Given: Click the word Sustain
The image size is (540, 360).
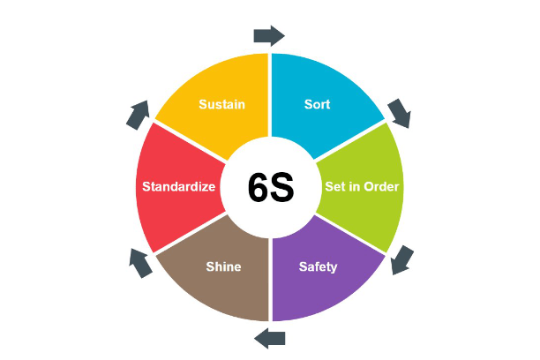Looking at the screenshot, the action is (x=221, y=104).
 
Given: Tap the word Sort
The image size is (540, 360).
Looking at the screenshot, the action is (x=317, y=104).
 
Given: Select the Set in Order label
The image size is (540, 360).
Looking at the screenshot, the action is (x=362, y=186).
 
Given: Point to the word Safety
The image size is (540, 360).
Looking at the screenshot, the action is (x=318, y=266).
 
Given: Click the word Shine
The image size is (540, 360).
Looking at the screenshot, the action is (x=222, y=266).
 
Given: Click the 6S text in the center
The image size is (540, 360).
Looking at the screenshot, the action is (x=270, y=188).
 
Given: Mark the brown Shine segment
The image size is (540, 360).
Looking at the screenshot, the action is (x=216, y=287).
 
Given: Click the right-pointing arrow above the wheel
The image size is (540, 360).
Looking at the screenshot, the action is (x=269, y=35).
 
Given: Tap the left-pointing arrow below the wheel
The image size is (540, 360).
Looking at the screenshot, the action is (x=270, y=336).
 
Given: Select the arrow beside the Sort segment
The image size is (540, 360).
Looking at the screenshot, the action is (x=399, y=112).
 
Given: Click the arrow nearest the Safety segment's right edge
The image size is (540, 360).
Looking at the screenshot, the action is (x=402, y=259).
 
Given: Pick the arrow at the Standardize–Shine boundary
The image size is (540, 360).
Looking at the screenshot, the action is (x=139, y=262).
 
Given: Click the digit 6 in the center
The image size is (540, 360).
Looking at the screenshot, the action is (x=259, y=188).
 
